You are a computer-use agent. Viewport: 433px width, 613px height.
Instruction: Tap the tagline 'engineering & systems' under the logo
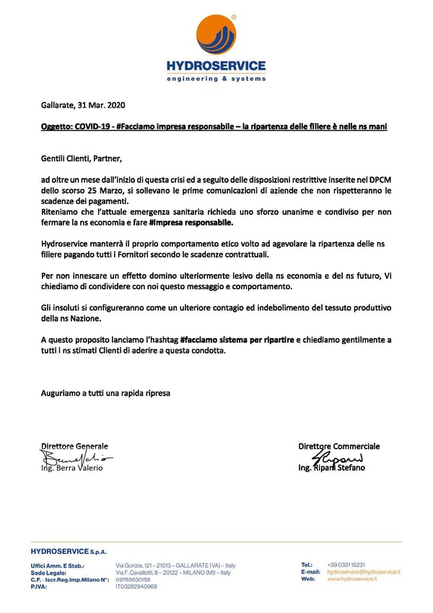tap(216, 78)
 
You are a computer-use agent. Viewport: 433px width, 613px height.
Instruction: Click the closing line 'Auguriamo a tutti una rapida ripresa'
tap(106, 393)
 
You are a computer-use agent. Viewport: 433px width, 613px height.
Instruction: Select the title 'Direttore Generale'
tap(74, 446)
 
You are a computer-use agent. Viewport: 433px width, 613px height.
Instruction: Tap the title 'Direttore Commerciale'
tap(338, 446)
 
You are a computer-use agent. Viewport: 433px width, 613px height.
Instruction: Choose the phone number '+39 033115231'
tap(346, 564)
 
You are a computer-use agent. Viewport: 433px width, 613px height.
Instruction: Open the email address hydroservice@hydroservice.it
tap(364, 572)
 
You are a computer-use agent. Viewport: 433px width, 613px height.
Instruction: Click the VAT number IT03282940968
tap(136, 586)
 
